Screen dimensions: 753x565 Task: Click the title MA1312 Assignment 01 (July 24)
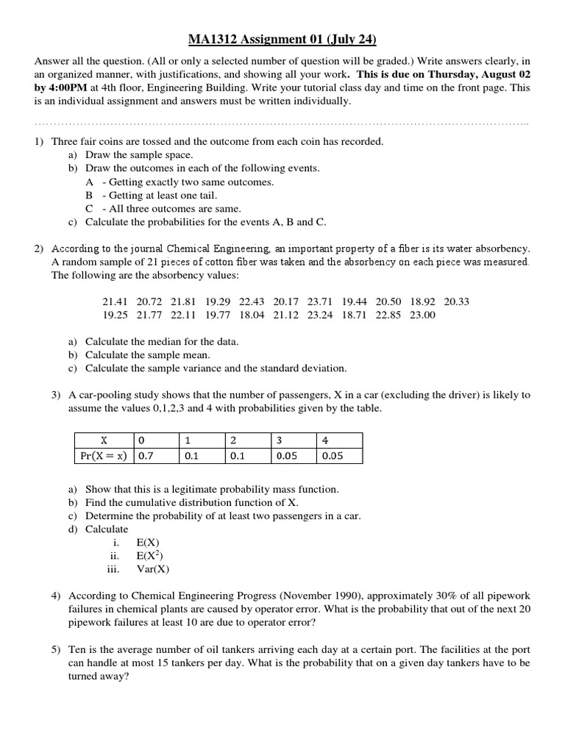tap(282, 39)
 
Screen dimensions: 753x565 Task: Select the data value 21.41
tap(114, 301)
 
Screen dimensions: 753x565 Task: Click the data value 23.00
tap(422, 315)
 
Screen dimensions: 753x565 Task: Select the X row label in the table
tap(104, 440)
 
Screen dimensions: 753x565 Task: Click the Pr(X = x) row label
tap(104, 456)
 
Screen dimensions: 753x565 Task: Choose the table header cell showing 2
tap(233, 440)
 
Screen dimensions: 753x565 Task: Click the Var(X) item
tap(152, 568)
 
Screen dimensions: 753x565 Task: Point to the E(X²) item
tap(149, 555)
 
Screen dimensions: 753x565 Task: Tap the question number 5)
tap(57, 651)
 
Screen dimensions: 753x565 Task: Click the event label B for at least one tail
tap(89, 195)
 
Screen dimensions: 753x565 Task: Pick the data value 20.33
tap(457, 301)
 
